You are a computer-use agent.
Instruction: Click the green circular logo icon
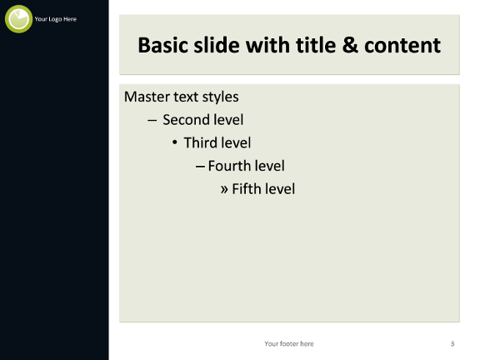point(18,19)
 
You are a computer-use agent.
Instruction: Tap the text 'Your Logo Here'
point(55,19)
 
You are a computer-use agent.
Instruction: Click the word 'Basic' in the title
point(162,45)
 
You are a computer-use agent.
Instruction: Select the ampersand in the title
point(350,45)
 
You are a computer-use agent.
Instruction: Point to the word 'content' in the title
point(402,46)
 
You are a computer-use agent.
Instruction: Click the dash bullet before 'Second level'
point(152,120)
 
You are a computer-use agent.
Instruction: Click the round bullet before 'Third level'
point(174,142)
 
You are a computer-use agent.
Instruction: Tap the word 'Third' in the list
point(200,143)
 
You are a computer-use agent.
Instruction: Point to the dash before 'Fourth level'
point(200,167)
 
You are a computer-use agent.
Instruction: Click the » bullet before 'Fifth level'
point(224,189)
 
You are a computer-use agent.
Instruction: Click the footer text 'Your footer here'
point(289,344)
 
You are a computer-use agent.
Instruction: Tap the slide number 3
point(452,344)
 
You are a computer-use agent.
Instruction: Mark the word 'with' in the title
point(267,45)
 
